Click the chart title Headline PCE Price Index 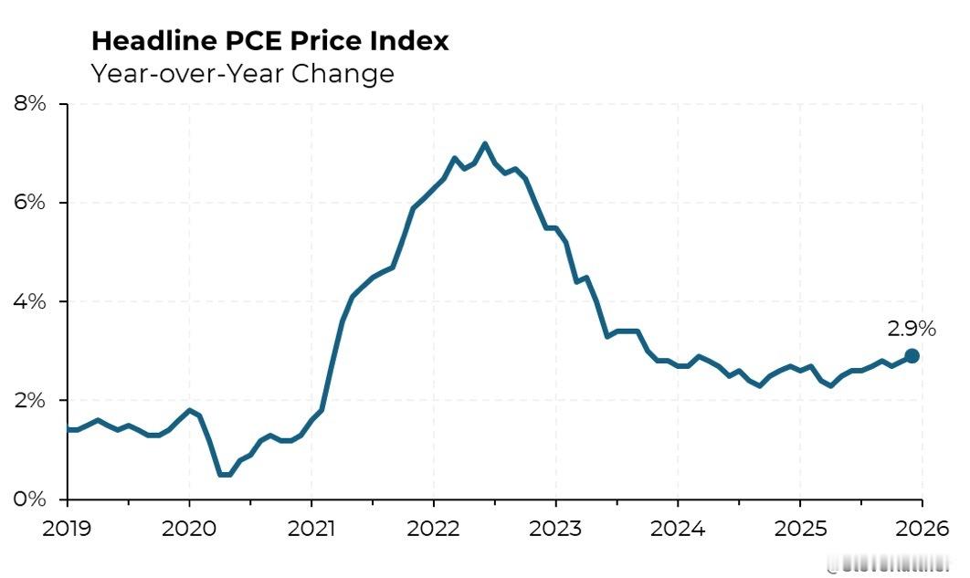[x=270, y=41]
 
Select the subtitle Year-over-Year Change [x=242, y=73]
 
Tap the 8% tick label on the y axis [x=30, y=103]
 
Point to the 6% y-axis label [x=30, y=202]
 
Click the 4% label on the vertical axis [x=30, y=301]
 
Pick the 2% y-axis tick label [x=30, y=400]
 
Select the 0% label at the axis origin [x=30, y=499]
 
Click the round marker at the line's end [x=912, y=356]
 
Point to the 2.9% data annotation [x=912, y=329]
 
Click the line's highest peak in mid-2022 [x=484, y=143]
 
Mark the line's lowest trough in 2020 [x=225, y=475]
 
